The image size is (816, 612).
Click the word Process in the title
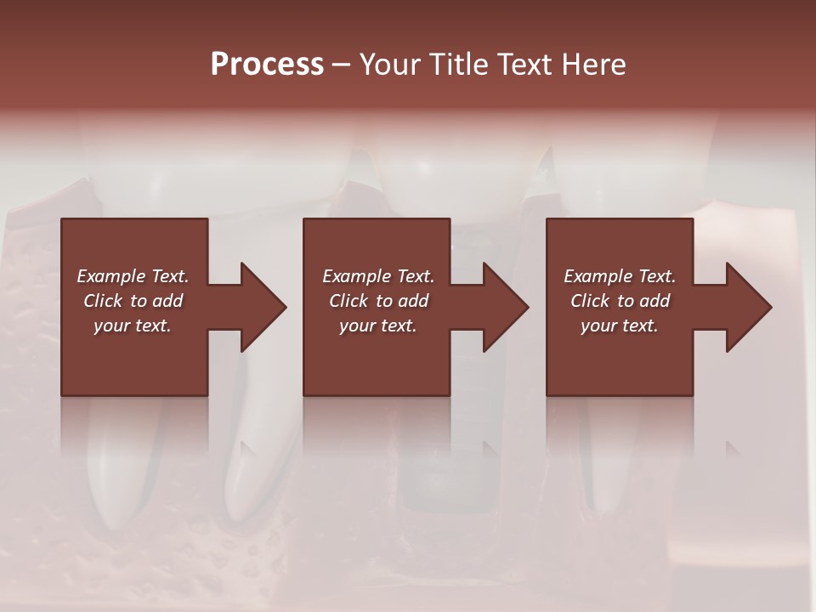[267, 65]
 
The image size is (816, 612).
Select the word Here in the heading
[595, 65]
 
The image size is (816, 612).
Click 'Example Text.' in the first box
[133, 276]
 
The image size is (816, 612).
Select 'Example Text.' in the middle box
[378, 276]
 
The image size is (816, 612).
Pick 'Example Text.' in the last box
[620, 276]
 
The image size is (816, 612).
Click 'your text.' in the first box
[133, 326]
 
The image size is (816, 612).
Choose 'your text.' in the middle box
[378, 326]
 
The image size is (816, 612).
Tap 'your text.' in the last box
[620, 326]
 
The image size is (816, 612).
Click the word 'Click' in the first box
[103, 301]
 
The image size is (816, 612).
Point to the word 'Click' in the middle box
[348, 301]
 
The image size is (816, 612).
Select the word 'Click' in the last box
[590, 301]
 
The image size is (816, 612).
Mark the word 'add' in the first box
[167, 301]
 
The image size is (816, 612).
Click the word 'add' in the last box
[654, 301]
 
